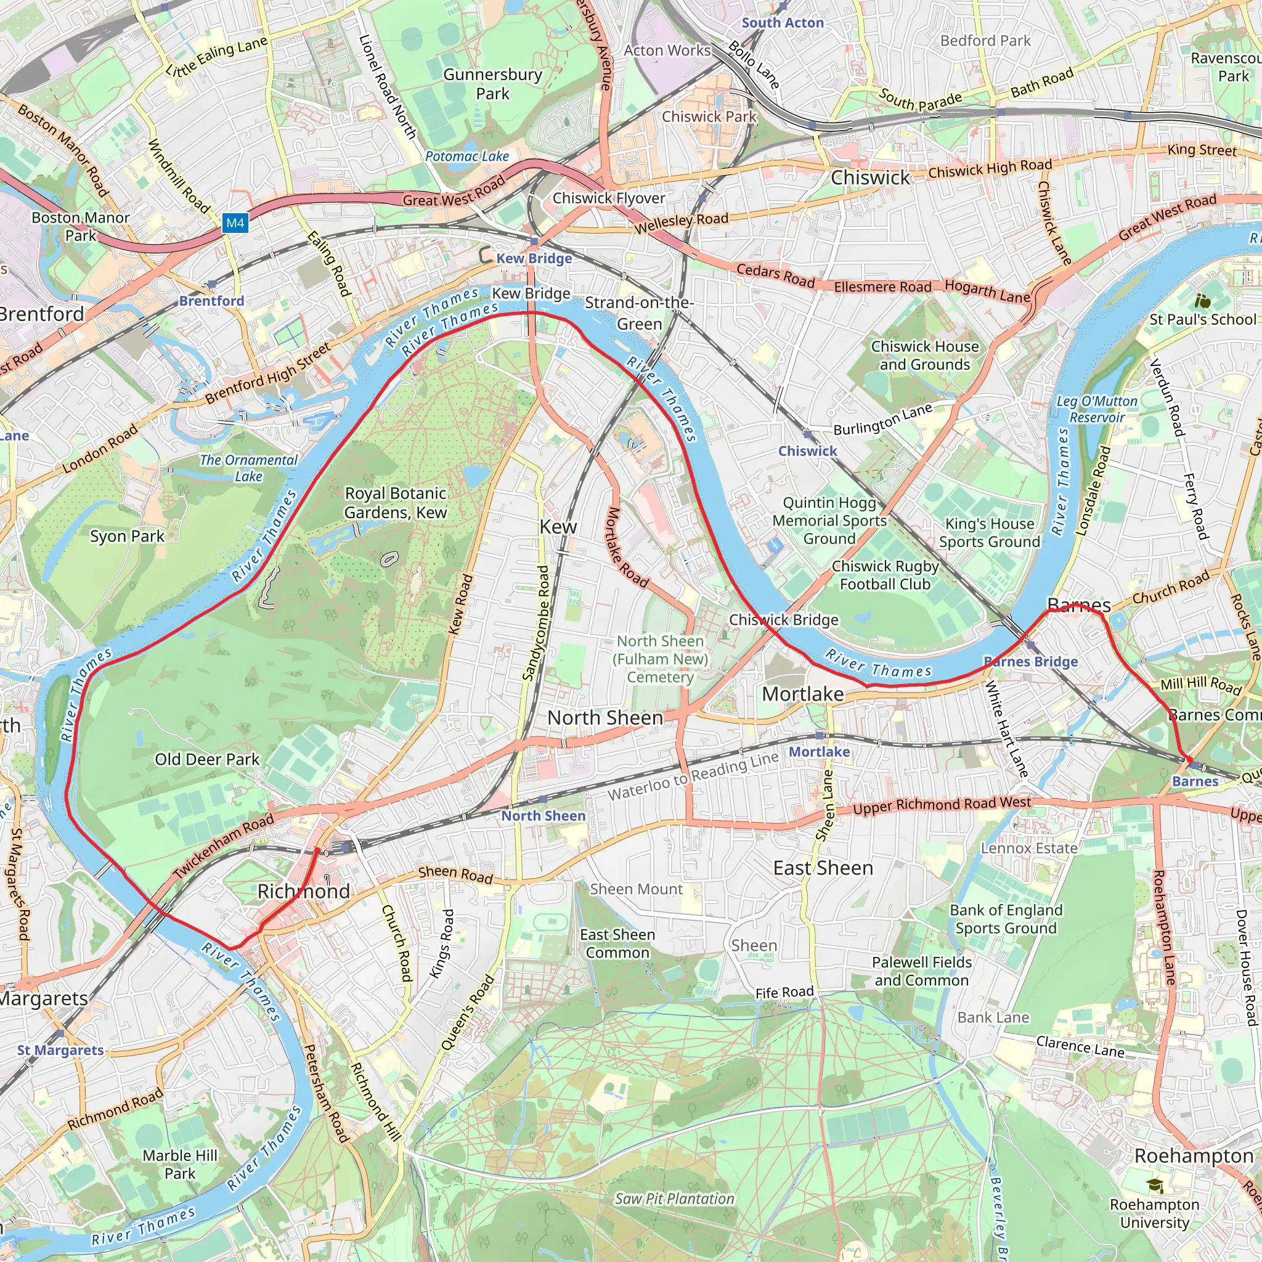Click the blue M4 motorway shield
click(235, 222)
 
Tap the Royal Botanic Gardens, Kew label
click(395, 503)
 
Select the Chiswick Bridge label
click(783, 619)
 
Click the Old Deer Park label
click(207, 759)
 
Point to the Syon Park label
click(127, 536)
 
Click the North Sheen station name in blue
click(543, 815)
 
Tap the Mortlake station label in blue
click(819, 751)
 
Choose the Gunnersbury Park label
click(492, 84)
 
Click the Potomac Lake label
click(466, 156)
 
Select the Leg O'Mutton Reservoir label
click(1097, 409)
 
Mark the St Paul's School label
click(1203, 319)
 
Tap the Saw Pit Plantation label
click(674, 1199)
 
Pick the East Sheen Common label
click(617, 943)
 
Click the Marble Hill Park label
click(180, 1164)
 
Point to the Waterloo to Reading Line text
click(693, 775)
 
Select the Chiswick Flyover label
click(609, 198)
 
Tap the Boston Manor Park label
click(80, 226)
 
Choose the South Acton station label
click(783, 23)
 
